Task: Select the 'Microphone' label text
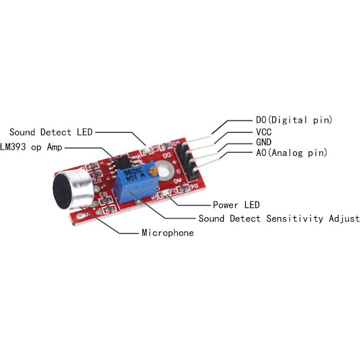[168, 232]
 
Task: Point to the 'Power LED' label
[236, 205]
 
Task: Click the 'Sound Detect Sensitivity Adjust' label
[278, 218]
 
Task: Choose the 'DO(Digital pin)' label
[290, 120]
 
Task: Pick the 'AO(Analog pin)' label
[287, 152]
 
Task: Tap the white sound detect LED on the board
[147, 149]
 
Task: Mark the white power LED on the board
[165, 195]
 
